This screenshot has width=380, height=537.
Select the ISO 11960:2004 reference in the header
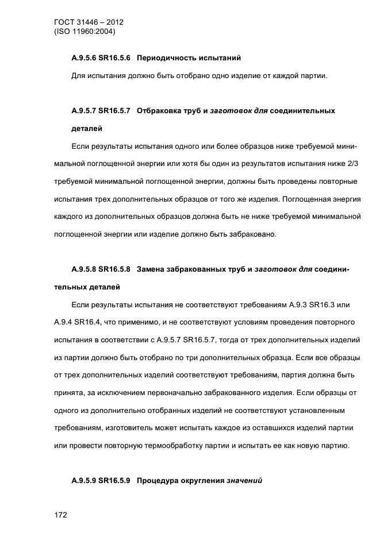[85, 32]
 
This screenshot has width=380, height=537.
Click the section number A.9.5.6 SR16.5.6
[101, 58]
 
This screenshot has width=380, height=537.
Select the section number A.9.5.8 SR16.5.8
[101, 268]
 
